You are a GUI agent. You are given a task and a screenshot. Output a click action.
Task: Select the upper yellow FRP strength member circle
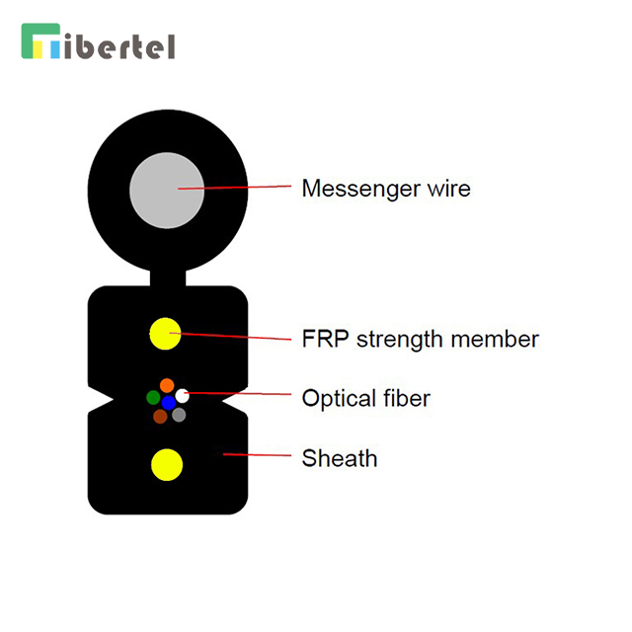coord(165,334)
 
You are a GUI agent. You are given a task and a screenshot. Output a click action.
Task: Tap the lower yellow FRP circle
coord(165,463)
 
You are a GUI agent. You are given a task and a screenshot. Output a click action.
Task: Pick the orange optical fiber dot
coord(167,385)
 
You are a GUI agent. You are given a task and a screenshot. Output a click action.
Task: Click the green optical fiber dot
coord(153,397)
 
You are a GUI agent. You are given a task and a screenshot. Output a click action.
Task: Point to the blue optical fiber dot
coord(168,402)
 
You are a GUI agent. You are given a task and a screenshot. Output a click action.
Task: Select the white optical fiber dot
coord(182,396)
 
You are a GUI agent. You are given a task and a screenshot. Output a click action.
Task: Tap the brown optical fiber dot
coord(160,417)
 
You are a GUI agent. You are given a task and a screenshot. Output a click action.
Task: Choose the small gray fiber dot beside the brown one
coord(179,415)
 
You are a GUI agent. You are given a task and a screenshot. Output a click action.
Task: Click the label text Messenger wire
coord(385,188)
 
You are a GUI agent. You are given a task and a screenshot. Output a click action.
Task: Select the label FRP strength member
coord(420,340)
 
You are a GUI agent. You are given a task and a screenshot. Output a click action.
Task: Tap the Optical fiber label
coord(365,399)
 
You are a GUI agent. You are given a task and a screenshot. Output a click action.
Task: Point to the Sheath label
coord(339,458)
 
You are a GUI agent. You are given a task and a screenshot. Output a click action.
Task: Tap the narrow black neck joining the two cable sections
coord(167,277)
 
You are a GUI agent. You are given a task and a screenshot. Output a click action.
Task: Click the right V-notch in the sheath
coord(238,401)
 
